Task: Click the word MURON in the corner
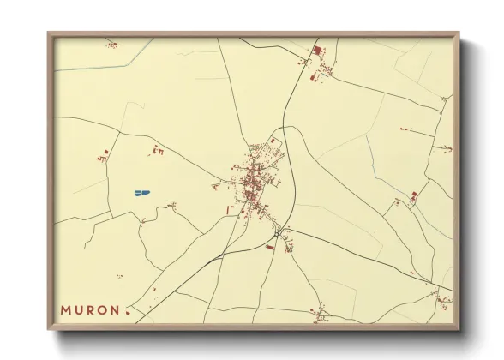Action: tap(90, 309)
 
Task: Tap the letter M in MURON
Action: tap(65, 309)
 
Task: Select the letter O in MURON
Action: tap(103, 309)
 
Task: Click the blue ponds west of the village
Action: tap(141, 192)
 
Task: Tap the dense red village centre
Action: tap(253, 183)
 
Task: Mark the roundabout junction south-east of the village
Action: tap(279, 229)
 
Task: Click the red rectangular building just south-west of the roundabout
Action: tap(271, 247)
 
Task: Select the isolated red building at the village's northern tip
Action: tap(273, 140)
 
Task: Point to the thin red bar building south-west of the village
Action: tap(227, 208)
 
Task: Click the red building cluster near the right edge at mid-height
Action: tap(414, 196)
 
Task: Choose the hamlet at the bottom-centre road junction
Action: tap(320, 313)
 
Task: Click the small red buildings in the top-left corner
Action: tap(111, 44)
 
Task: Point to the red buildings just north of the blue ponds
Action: tap(159, 151)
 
